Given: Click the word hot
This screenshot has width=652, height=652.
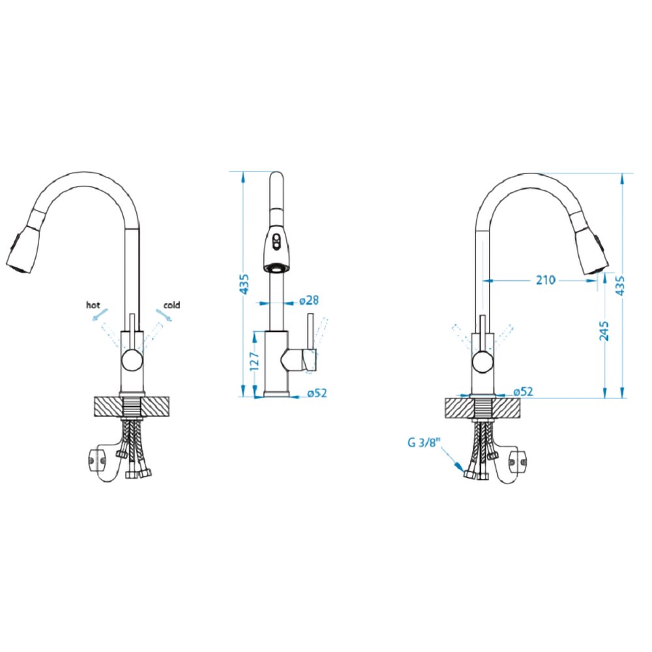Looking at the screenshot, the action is pyautogui.click(x=93, y=304).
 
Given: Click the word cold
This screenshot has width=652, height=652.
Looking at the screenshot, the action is pyautogui.click(x=171, y=304).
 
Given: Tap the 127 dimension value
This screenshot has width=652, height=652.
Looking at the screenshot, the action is pyautogui.click(x=254, y=361).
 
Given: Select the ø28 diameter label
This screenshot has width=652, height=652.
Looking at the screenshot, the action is pyautogui.click(x=309, y=300).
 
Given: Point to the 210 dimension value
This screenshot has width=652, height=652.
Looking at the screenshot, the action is pyautogui.click(x=545, y=280).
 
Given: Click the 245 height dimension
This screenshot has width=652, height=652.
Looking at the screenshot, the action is pyautogui.click(x=604, y=331).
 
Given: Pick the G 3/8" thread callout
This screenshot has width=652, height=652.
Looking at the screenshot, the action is pyautogui.click(x=424, y=443).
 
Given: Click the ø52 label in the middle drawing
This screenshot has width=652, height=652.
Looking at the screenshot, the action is pyautogui.click(x=318, y=393).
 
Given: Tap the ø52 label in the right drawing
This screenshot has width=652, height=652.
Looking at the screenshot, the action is pyautogui.click(x=523, y=391).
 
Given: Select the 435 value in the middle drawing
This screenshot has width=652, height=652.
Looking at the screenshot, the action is pyautogui.click(x=244, y=284).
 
